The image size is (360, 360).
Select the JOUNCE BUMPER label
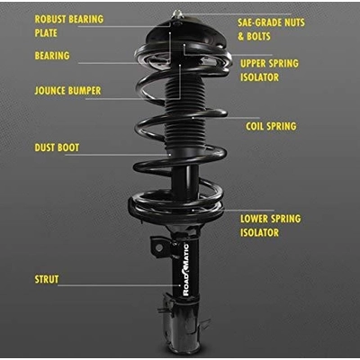(x=67, y=91)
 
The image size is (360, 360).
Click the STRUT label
(x=46, y=280)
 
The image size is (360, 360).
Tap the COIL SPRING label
(x=270, y=127)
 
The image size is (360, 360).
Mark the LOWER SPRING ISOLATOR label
(x=270, y=226)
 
